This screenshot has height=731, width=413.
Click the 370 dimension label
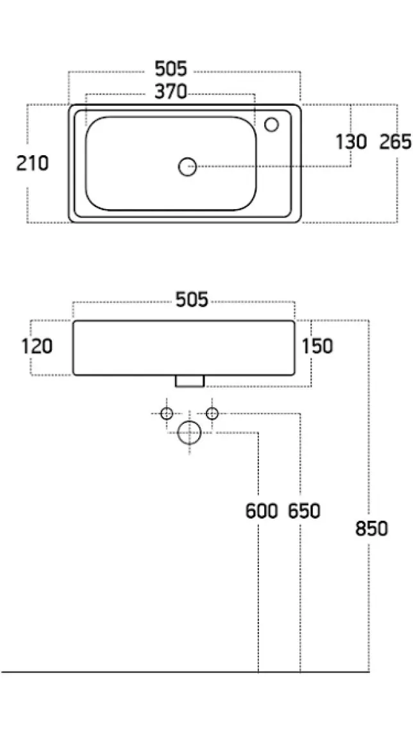171,92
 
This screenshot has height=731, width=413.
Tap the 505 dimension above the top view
171,69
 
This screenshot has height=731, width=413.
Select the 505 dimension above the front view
192,299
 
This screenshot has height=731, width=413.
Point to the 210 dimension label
32,163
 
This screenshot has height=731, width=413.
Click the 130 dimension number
351,142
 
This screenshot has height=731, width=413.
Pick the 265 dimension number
395,142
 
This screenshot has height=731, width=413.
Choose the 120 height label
37,346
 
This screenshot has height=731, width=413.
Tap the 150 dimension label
317,346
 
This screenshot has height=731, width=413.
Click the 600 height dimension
262,512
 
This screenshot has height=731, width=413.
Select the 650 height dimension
304,512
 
